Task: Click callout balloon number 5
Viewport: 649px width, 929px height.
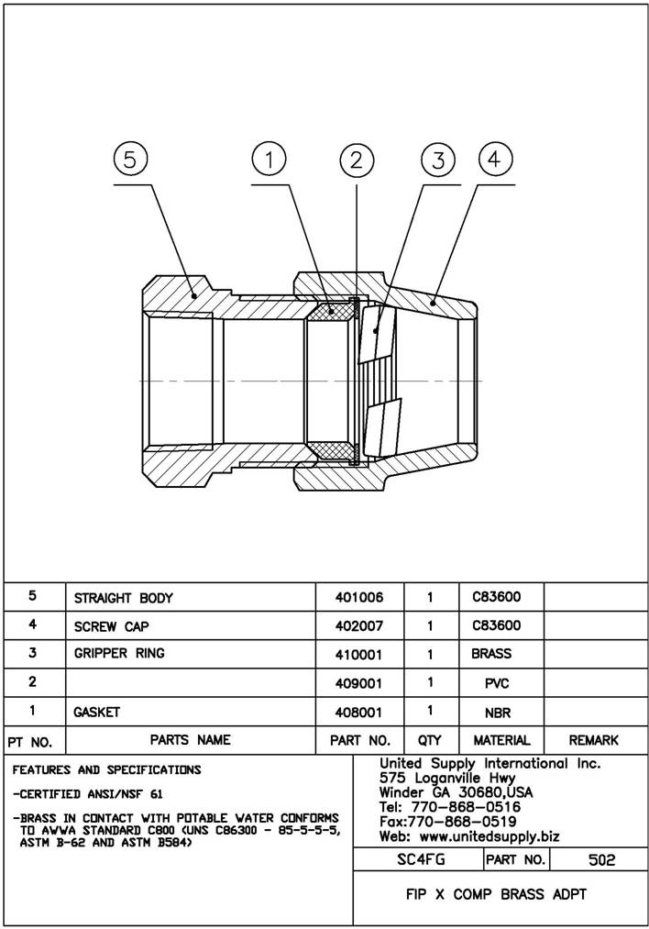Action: click(130, 160)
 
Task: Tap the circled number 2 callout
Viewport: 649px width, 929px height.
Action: click(357, 160)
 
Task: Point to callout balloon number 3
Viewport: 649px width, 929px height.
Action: click(438, 160)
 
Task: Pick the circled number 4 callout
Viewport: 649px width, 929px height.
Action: click(494, 160)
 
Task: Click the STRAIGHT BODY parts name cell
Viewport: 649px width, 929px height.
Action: click(124, 598)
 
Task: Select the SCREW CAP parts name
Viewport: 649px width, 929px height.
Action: click(111, 626)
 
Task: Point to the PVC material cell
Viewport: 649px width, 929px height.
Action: click(498, 683)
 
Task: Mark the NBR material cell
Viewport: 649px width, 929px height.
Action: click(498, 712)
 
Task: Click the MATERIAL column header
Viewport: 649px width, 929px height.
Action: click(501, 740)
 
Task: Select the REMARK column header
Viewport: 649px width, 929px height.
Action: click(593, 740)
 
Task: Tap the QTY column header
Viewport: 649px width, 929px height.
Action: click(429, 740)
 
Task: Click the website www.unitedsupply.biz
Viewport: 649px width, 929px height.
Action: click(494, 836)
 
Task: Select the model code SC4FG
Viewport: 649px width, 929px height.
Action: click(418, 860)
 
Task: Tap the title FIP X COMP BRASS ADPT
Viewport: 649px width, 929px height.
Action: click(496, 894)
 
